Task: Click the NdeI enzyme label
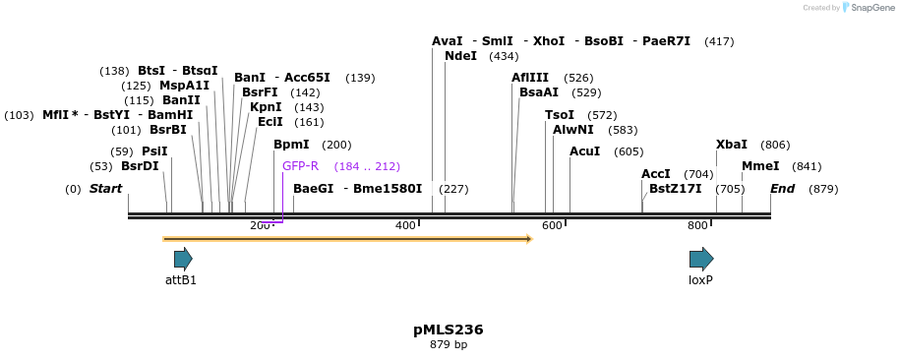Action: click(460, 56)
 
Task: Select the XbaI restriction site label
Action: click(731, 145)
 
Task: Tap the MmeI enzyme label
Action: click(760, 166)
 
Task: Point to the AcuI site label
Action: click(584, 151)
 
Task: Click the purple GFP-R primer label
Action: click(300, 166)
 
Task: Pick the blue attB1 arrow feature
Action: click(183, 259)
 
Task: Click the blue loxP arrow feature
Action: click(701, 259)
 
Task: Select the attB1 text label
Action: click(181, 280)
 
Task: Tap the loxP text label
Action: click(700, 280)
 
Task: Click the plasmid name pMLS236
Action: click(449, 330)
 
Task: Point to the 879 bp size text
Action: click(449, 345)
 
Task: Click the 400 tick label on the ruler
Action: click(405, 226)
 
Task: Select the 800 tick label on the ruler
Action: click(697, 226)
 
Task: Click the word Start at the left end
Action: click(105, 189)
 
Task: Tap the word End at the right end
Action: click(782, 189)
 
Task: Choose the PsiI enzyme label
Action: click(154, 151)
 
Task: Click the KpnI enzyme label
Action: click(266, 107)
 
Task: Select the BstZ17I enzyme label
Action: click(675, 189)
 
